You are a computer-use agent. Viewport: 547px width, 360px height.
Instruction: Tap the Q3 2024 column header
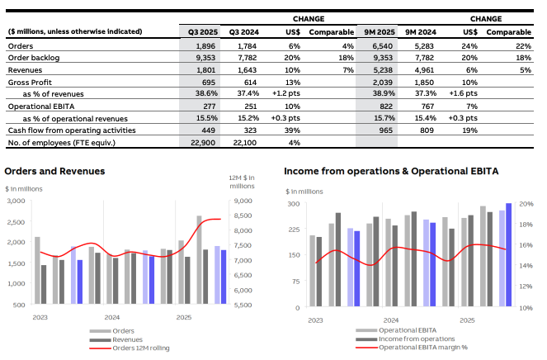(x=243, y=31)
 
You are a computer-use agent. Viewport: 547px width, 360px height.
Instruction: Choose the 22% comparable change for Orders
(x=524, y=45)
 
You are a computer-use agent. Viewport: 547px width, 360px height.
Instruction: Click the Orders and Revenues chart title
(x=54, y=171)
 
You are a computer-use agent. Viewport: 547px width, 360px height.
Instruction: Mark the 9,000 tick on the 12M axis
(x=243, y=201)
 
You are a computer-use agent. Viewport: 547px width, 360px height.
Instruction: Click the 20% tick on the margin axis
(x=526, y=203)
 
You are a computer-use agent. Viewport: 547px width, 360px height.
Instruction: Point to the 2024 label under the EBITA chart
(x=390, y=319)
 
